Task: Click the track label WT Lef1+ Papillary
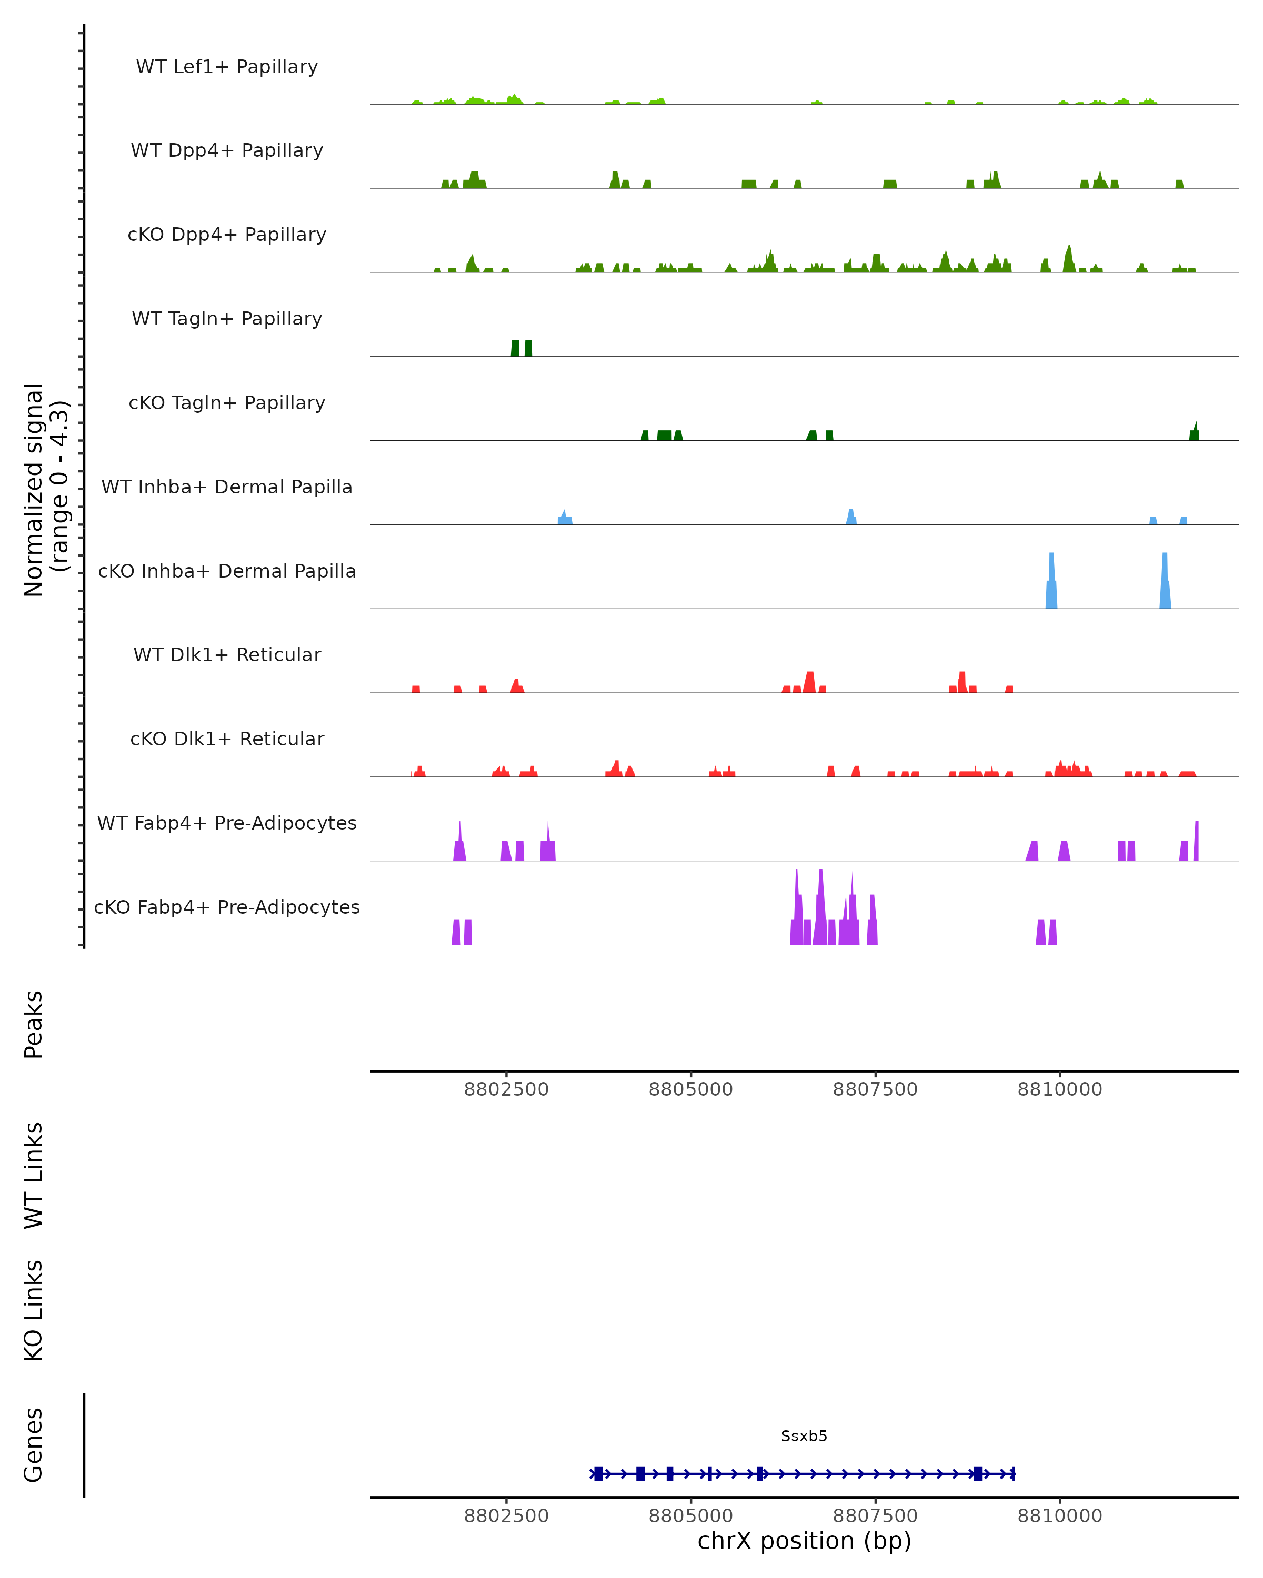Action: coord(227,67)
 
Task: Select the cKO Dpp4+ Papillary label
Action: coord(227,235)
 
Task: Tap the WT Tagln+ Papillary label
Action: coord(227,319)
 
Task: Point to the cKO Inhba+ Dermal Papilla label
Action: coord(227,572)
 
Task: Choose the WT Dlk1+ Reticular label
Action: coord(227,655)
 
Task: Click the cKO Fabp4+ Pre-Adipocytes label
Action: coord(227,907)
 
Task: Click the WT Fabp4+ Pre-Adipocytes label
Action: coord(227,823)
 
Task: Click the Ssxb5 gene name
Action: coord(804,1437)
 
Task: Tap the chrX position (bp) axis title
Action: coord(804,1541)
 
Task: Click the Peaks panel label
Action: coord(34,1025)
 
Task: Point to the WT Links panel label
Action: coord(34,1176)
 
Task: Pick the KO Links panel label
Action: coord(34,1311)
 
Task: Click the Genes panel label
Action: coord(34,1445)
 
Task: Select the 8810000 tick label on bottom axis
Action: coord(1059,1516)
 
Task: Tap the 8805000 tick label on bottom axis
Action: coord(690,1516)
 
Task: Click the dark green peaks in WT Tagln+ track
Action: coord(522,348)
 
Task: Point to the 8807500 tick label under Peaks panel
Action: coord(875,1090)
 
